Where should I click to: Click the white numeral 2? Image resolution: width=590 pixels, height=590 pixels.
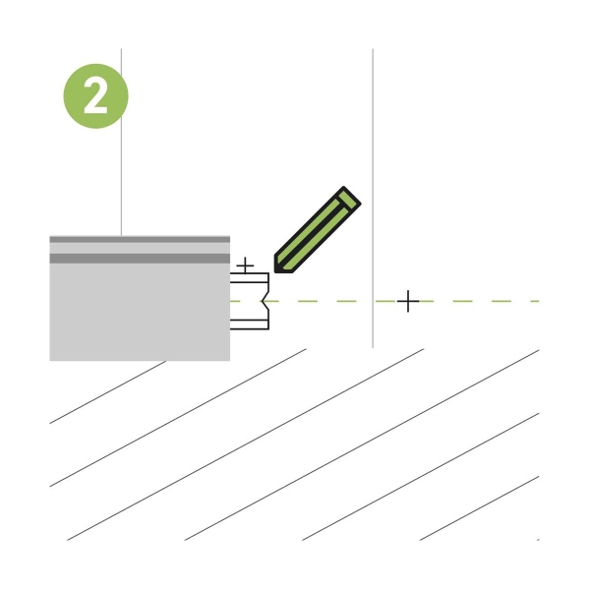[x=95, y=96]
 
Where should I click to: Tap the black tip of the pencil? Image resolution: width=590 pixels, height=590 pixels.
[x=279, y=266]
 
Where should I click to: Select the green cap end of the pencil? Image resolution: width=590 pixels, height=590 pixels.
[x=349, y=199]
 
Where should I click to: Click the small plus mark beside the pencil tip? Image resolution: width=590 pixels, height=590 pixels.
[x=245, y=265]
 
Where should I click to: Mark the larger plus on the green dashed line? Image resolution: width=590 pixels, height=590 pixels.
[x=408, y=301]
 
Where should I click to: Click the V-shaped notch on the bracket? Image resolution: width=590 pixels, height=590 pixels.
[x=265, y=301]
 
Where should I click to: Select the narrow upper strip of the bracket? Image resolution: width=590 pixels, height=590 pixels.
[x=249, y=277]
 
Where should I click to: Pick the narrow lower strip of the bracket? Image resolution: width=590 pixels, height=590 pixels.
[x=249, y=324]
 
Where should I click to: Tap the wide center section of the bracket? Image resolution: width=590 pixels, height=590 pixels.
[x=249, y=301]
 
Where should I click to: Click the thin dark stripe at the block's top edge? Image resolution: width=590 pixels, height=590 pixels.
[x=140, y=239]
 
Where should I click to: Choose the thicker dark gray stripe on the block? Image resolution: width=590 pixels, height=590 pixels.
[x=140, y=259]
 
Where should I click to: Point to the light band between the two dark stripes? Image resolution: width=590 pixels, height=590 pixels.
[x=140, y=249]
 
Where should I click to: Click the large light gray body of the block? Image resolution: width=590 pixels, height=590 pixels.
[x=140, y=312]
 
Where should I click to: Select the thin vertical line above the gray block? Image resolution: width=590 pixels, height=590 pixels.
[x=121, y=143]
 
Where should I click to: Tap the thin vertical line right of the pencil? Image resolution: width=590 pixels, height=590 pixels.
[x=373, y=199]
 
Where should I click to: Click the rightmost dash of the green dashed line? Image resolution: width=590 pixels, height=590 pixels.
[x=535, y=301]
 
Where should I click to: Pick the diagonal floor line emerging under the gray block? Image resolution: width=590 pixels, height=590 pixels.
[x=107, y=392]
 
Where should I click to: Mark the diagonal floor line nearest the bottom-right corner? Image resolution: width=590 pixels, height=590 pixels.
[x=480, y=508]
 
